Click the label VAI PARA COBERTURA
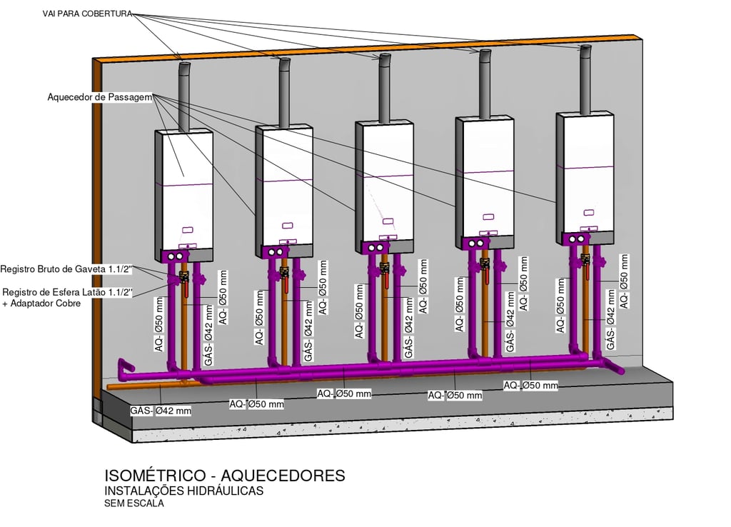87,14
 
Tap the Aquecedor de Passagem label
99,97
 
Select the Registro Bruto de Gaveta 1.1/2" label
67,269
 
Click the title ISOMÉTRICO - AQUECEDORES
225,476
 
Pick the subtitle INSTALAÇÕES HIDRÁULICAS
184,491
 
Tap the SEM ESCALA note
134,503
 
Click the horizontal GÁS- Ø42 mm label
161,411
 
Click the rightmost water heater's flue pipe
585,79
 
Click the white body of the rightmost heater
585,171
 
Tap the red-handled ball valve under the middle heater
385,274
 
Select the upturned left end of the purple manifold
125,366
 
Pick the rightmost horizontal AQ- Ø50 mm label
530,386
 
